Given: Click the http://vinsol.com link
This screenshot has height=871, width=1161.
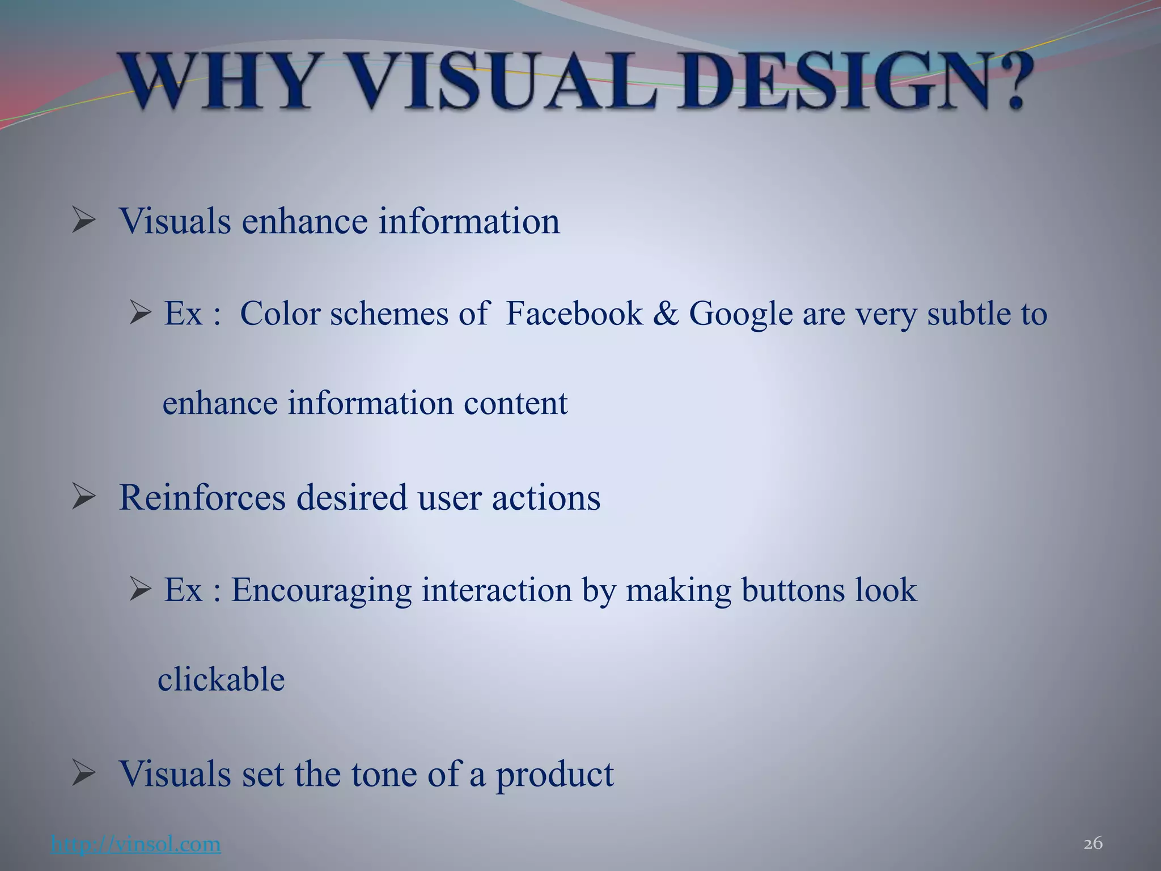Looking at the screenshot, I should click(135, 844).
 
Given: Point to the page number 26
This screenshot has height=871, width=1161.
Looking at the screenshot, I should click(1092, 844).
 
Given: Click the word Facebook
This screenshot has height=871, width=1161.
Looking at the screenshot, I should click(574, 313).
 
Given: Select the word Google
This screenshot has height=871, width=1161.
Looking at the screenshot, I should click(740, 314).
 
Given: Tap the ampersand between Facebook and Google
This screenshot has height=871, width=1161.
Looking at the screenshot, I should click(666, 313).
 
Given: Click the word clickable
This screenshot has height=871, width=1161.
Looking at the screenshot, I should click(221, 679).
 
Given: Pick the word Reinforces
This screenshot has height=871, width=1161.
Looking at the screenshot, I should click(202, 497).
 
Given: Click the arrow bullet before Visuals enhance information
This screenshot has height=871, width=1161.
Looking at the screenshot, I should click(83, 221).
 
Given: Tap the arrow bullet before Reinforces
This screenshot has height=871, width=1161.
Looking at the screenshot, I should click(83, 497).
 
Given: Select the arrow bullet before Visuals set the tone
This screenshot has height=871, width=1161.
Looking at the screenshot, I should click(83, 773).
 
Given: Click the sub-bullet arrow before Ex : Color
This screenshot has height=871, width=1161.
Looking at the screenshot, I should click(139, 313).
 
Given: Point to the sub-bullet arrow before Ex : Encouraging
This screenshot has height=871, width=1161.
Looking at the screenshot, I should click(139, 590).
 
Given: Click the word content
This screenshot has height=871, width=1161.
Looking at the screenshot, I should click(515, 403).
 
